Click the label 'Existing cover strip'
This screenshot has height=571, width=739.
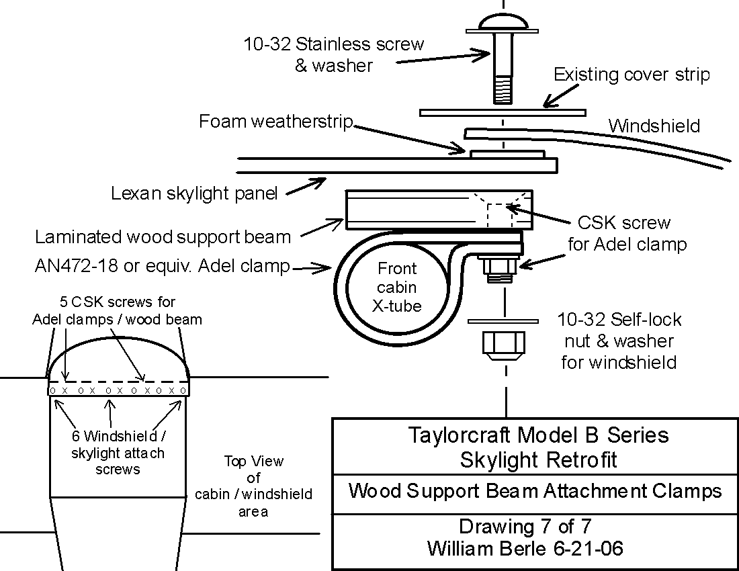pyautogui.click(x=632, y=75)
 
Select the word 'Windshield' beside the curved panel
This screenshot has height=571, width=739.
pyautogui.click(x=654, y=126)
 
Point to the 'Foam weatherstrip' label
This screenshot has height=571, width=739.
pyautogui.click(x=276, y=122)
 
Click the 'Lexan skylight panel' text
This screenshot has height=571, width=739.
pyautogui.click(x=194, y=194)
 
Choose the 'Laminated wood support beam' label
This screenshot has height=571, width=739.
pyautogui.click(x=163, y=237)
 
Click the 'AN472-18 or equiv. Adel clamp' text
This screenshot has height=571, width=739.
pyautogui.click(x=162, y=267)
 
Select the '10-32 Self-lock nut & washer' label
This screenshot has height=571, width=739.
pyautogui.click(x=618, y=341)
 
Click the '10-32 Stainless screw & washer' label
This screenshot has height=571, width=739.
pyautogui.click(x=334, y=54)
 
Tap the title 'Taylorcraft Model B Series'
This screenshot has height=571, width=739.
pyautogui.click(x=538, y=435)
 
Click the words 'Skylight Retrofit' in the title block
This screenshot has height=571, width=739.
pyautogui.click(x=538, y=459)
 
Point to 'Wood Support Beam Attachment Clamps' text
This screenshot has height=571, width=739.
pyautogui.click(x=535, y=491)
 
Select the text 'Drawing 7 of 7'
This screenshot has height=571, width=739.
pyautogui.click(x=525, y=526)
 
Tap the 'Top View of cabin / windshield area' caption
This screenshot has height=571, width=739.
pyautogui.click(x=253, y=486)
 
